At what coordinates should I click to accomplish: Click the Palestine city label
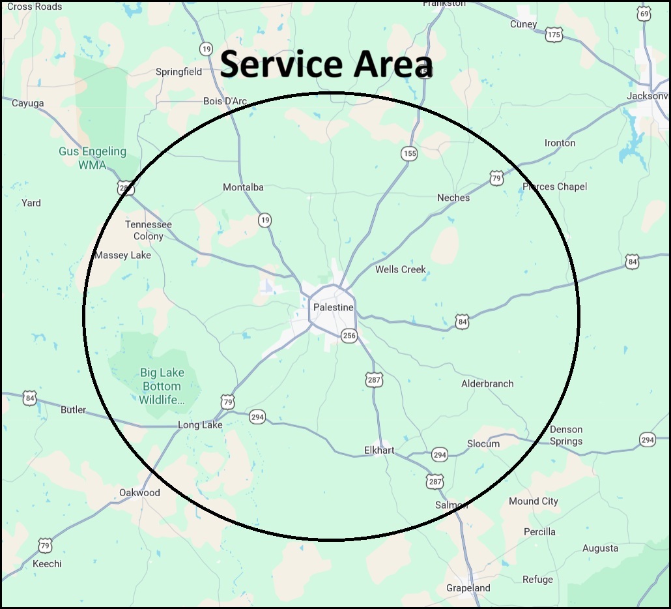[333, 307]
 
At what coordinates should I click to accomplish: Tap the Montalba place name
[243, 187]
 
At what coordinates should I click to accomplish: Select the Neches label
[453, 198]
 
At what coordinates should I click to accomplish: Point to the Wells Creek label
[401, 269]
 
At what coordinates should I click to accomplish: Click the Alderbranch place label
[487, 383]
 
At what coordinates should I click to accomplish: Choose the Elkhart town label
[379, 450]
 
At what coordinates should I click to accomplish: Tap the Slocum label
[483, 443]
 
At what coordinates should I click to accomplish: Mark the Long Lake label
[200, 425]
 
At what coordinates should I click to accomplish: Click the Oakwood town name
[139, 492]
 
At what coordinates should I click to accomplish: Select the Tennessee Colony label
[149, 230]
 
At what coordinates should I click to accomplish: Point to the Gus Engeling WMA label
[93, 158]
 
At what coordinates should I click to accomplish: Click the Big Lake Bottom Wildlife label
[162, 386]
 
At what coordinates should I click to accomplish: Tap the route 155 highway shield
[408, 154]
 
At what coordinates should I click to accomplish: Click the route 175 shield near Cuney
[554, 35]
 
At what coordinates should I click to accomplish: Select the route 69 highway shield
[644, 14]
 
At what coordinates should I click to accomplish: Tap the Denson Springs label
[566, 435]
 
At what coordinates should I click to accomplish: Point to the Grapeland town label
[468, 587]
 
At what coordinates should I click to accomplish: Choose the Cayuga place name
[28, 103]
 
